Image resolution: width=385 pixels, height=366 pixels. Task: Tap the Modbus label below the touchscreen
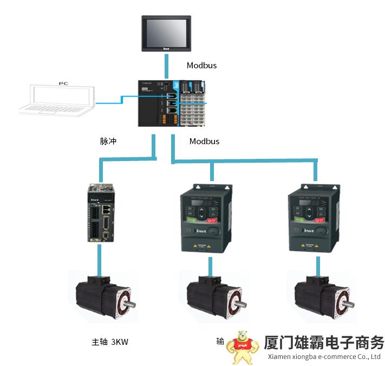tap(201, 66)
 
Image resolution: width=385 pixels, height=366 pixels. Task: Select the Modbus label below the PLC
tap(204, 141)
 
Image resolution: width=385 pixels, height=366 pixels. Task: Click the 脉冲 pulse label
tap(108, 141)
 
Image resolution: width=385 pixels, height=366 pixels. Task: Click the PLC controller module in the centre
tap(172, 104)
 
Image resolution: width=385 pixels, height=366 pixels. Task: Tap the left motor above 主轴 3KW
tap(103, 301)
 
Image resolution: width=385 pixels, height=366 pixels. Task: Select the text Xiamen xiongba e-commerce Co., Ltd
tap(324, 357)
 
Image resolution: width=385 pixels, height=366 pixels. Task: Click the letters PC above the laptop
tap(64, 84)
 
